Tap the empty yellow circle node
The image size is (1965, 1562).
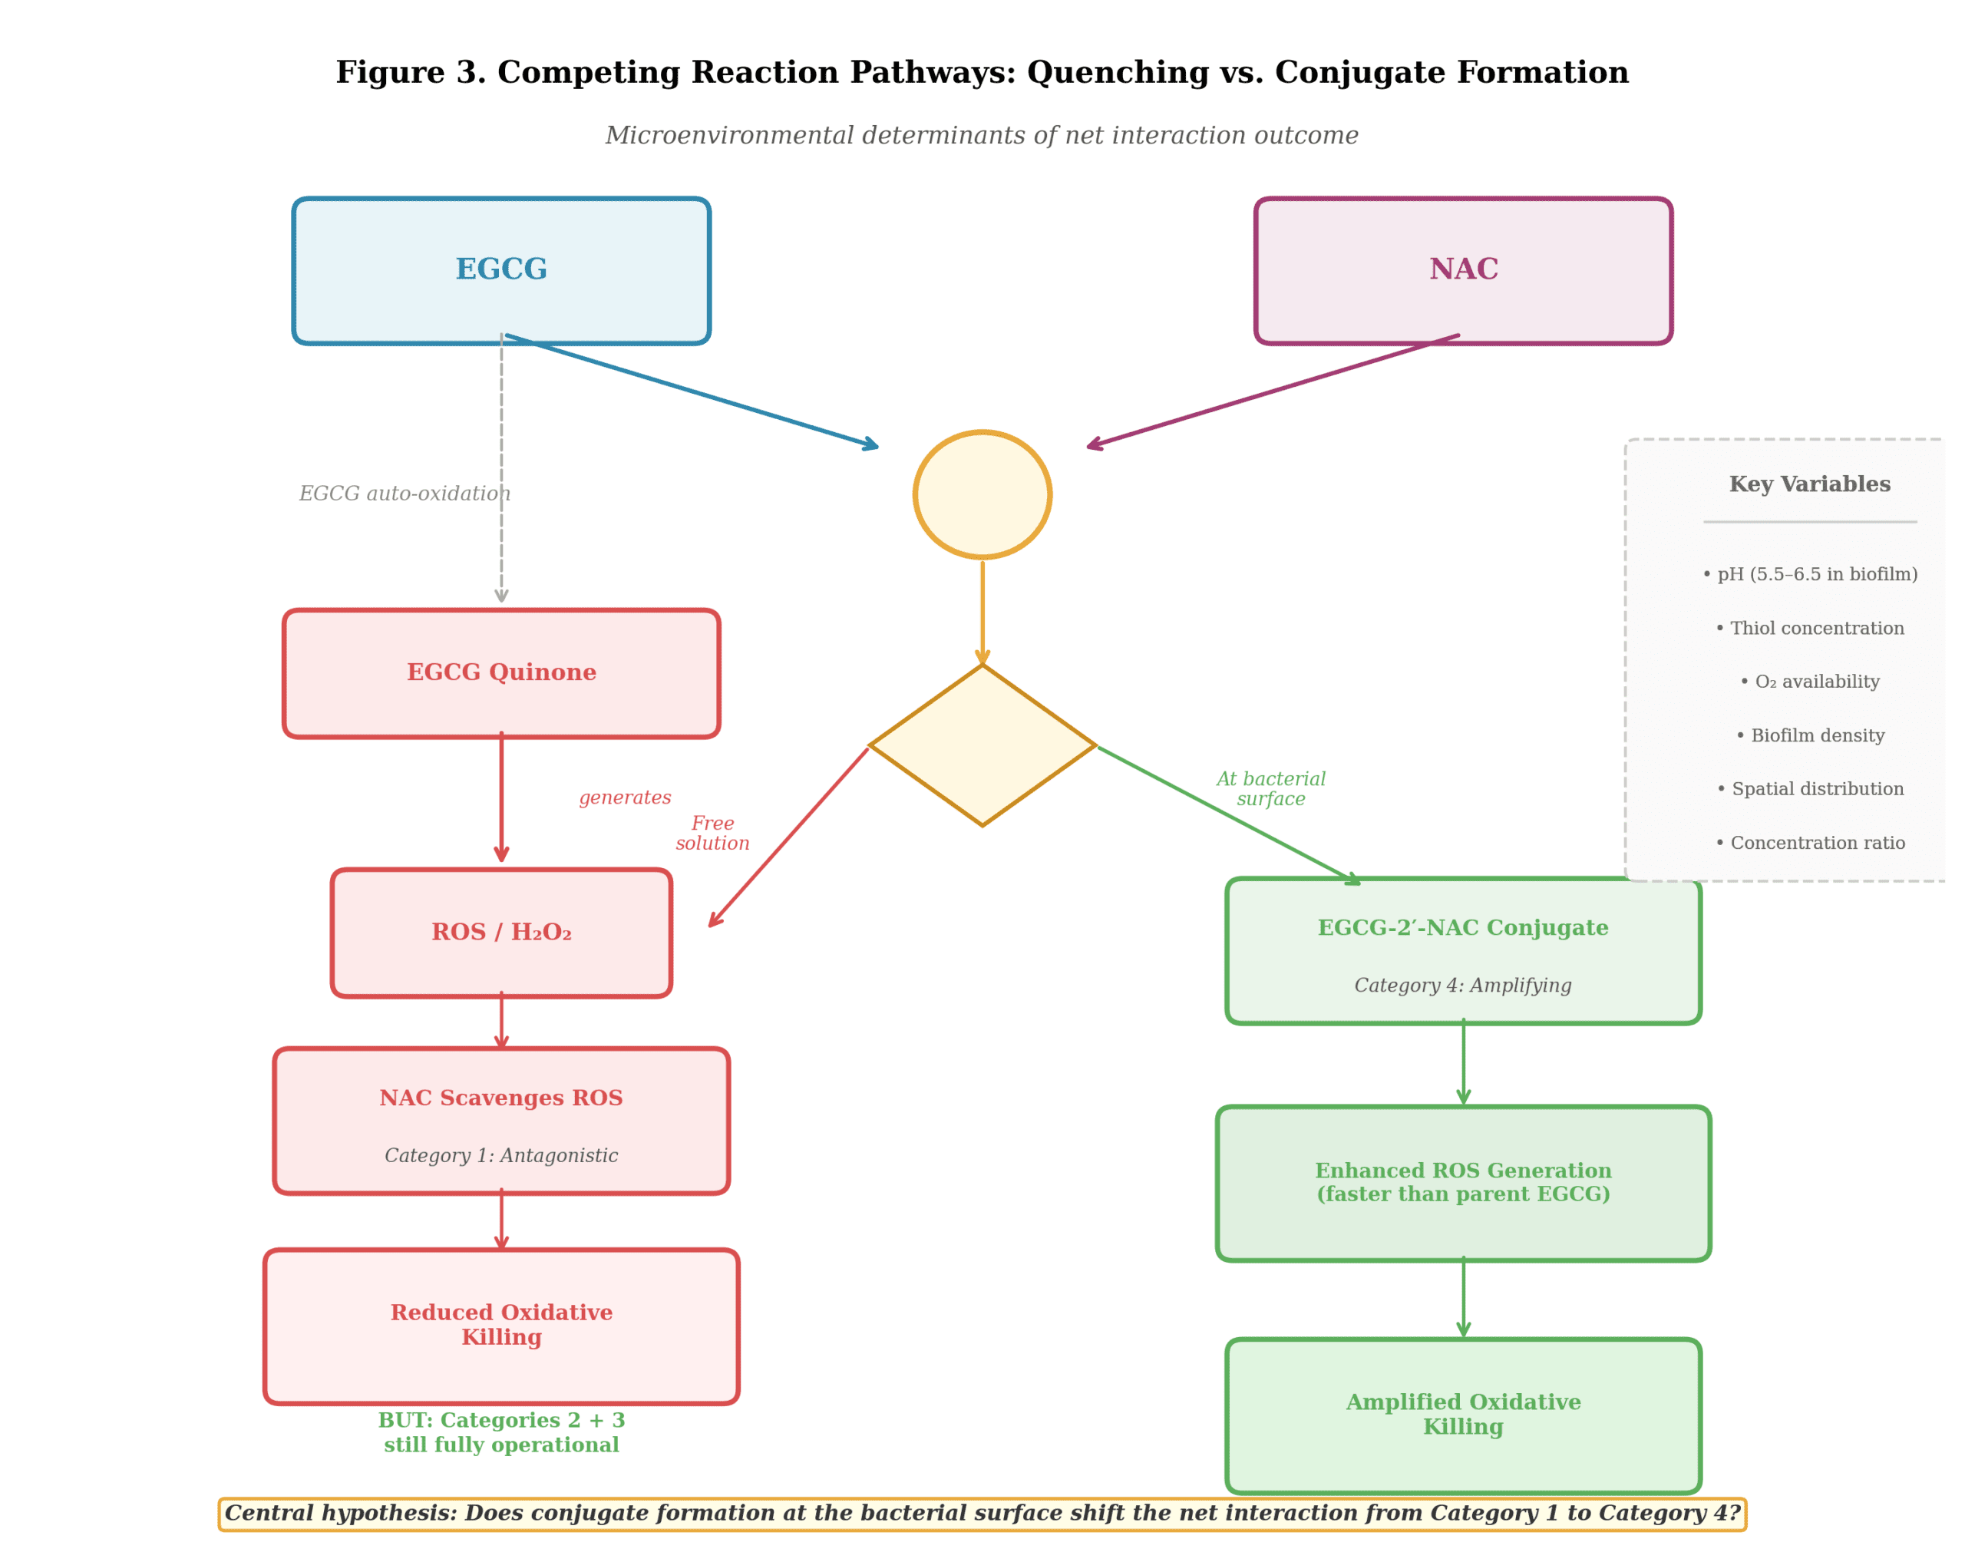pos(982,494)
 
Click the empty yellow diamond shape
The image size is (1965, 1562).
pos(982,745)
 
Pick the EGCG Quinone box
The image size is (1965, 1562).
pos(501,672)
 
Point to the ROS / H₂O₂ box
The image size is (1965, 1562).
pos(501,933)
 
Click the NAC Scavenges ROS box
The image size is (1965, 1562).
pos(501,1120)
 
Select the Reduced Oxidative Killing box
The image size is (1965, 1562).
pos(501,1325)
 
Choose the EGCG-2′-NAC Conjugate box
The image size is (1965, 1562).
pos(1463,950)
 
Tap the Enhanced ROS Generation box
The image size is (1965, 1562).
pos(1463,1183)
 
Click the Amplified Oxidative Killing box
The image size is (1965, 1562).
pos(1463,1415)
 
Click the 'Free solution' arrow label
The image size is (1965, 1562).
pos(713,833)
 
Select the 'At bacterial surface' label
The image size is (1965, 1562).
pos(1270,788)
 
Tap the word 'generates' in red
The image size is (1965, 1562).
pos(626,798)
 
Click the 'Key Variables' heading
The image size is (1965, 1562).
pos(1809,484)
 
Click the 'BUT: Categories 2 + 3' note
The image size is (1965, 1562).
pos(501,1432)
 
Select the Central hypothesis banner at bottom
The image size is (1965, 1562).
pos(982,1514)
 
